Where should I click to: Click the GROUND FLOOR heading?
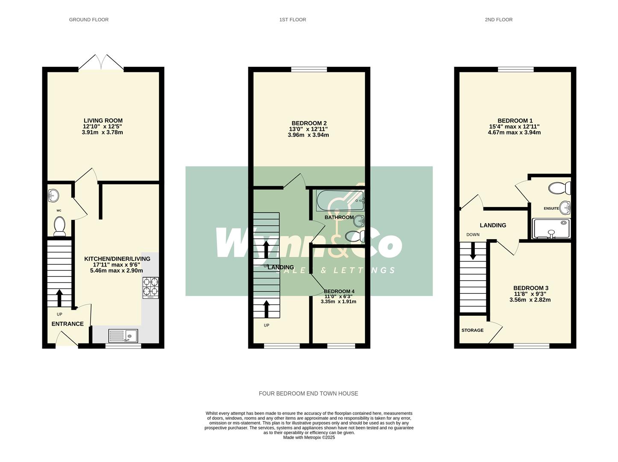point(88,20)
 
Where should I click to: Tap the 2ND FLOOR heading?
point(498,20)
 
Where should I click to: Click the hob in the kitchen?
point(150,287)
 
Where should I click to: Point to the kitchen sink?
point(123,336)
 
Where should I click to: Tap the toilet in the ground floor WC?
point(59,225)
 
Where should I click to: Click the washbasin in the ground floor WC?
point(53,196)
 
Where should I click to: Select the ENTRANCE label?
point(68,324)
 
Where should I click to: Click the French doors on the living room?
point(101,62)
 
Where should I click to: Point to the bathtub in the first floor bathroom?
point(340,201)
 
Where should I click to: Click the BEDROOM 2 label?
point(309,123)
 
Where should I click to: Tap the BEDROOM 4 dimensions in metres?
point(338,302)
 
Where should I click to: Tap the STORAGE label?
point(472,330)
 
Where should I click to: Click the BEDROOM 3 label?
point(531,288)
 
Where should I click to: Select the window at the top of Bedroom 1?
point(515,69)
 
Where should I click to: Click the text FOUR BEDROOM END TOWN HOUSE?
point(308,394)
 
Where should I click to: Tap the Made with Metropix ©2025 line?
point(309,438)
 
